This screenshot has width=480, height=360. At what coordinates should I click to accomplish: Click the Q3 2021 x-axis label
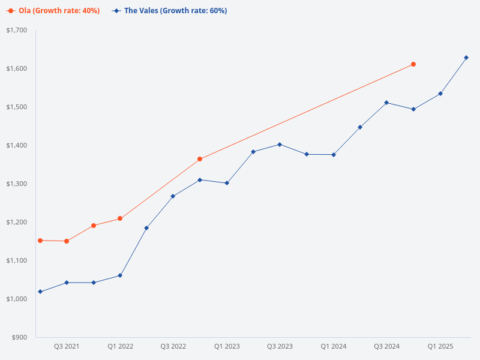tap(67, 347)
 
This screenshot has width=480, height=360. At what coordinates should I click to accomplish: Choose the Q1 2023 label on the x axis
tap(227, 347)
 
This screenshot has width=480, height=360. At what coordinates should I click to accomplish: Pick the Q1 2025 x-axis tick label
tap(440, 347)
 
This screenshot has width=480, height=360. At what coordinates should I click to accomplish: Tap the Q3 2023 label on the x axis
tap(280, 347)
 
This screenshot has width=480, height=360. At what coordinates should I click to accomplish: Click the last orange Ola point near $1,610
tap(413, 64)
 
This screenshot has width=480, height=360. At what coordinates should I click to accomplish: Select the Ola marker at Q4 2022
tap(200, 159)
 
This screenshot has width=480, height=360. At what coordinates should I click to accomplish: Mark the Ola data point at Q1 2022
tap(120, 218)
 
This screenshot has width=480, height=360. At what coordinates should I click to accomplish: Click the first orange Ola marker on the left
tap(40, 241)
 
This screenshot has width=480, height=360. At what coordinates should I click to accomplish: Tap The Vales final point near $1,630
tap(466, 58)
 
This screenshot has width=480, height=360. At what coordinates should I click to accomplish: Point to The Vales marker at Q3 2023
tap(280, 145)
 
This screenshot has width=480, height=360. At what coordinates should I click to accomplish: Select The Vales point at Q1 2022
tap(120, 275)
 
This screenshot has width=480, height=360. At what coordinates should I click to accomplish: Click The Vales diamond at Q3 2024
tap(386, 103)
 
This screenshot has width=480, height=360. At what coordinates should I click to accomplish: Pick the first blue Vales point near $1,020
tap(40, 292)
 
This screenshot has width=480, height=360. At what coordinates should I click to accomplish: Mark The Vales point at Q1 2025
tap(440, 94)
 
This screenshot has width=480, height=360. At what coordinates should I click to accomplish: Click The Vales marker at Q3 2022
tap(173, 196)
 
